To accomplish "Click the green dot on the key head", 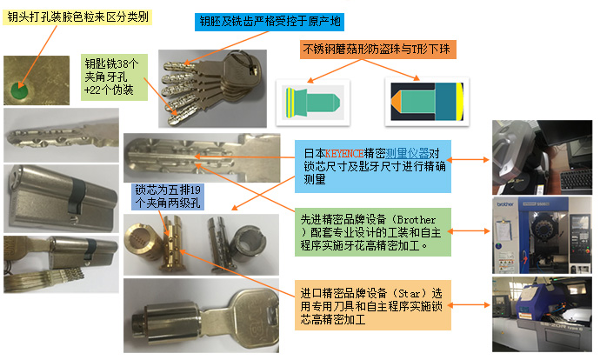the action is click(x=19, y=91).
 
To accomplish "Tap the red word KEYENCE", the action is click(x=344, y=153).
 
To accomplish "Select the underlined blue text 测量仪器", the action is click(x=407, y=153).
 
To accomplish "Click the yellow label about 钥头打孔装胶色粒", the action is click(x=77, y=17).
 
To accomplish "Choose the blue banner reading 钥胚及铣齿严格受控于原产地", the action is click(x=270, y=22).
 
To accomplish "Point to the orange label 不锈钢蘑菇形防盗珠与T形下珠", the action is click(x=377, y=50).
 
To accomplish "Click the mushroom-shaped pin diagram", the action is click(x=313, y=102).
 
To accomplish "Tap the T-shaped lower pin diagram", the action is click(x=427, y=102).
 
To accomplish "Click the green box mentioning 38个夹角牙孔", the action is click(x=114, y=77).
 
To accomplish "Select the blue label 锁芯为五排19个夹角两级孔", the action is click(x=167, y=197).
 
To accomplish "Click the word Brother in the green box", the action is click(x=416, y=220).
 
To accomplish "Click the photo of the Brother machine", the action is click(x=542, y=236).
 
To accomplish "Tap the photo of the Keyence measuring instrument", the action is click(x=542, y=157).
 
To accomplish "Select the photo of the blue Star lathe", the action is click(x=542, y=315).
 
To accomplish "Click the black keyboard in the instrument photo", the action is click(x=576, y=179).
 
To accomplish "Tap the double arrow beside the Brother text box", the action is click(x=469, y=231).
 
